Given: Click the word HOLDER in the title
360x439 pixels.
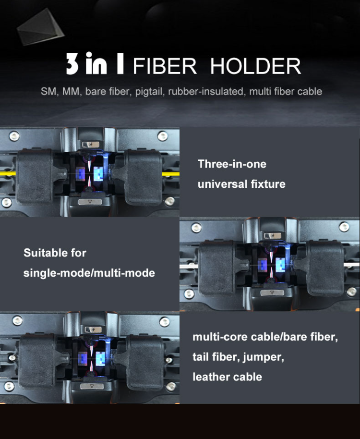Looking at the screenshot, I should coord(255,66).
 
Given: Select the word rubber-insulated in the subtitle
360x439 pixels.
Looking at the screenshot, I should coord(206,91).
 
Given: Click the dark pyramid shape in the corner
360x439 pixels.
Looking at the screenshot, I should coord(40,26).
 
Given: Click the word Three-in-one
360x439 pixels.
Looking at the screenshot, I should coord(232,164).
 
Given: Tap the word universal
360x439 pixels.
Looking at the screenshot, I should coord(218,184).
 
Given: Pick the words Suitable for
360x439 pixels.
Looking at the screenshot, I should coord(55,253).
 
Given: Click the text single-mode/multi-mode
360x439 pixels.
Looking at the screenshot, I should coord(89,273).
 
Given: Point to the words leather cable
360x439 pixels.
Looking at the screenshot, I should coord(227,377).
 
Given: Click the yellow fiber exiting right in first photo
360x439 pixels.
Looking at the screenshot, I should coord(170,174).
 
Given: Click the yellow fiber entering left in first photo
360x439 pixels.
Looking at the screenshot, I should coord(8,173).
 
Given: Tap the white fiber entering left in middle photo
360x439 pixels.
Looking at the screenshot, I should coord(189,263).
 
